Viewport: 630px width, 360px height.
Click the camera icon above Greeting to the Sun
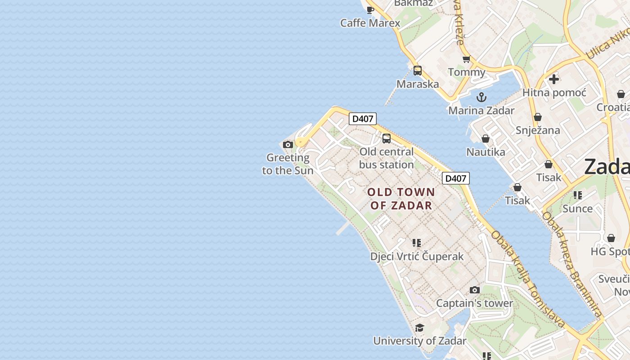288,145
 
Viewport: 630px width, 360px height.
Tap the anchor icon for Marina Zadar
481,97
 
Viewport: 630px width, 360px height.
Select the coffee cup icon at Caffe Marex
370,10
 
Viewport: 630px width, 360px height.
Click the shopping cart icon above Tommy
467,59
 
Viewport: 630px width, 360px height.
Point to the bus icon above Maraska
418,71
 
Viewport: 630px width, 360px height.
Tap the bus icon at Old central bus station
387,139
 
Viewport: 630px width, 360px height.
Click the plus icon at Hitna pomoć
554,79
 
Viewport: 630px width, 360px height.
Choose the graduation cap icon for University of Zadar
419,328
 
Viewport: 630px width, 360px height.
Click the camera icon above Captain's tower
475,290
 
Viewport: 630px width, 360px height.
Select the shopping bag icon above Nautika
486,139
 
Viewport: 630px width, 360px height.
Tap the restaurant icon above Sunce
578,195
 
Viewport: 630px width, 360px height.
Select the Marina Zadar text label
481,111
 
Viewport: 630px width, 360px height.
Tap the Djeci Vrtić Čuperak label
417,256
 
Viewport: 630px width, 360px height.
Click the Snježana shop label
538,130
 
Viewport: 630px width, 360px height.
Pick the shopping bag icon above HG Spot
611,238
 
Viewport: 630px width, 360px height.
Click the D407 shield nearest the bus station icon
363,119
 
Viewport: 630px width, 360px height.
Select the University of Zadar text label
419,341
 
